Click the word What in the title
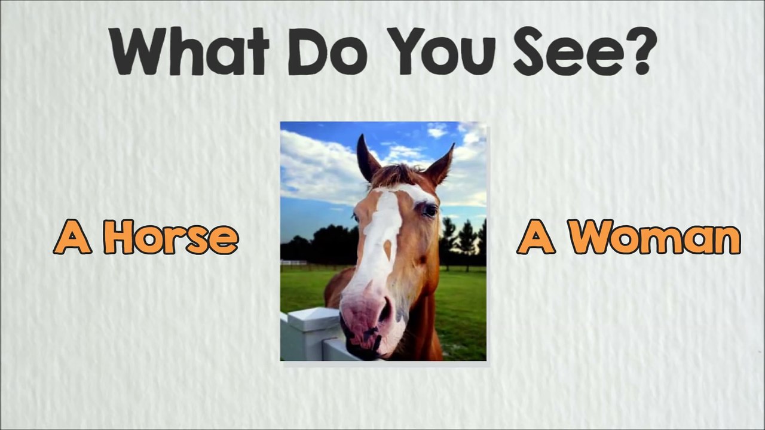pyautogui.click(x=190, y=51)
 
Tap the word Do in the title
pyautogui.click(x=328, y=52)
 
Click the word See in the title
pyautogui.click(x=567, y=51)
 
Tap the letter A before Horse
pyautogui.click(x=72, y=237)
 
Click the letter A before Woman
pyautogui.click(x=535, y=237)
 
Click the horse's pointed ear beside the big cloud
pyautogui.click(x=367, y=158)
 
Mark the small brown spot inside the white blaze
pyautogui.click(x=387, y=248)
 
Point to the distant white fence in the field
pyautogui.click(x=293, y=262)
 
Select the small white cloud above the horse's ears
pyautogui.click(x=437, y=130)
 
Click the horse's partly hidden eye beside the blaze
pyautogui.click(x=355, y=217)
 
